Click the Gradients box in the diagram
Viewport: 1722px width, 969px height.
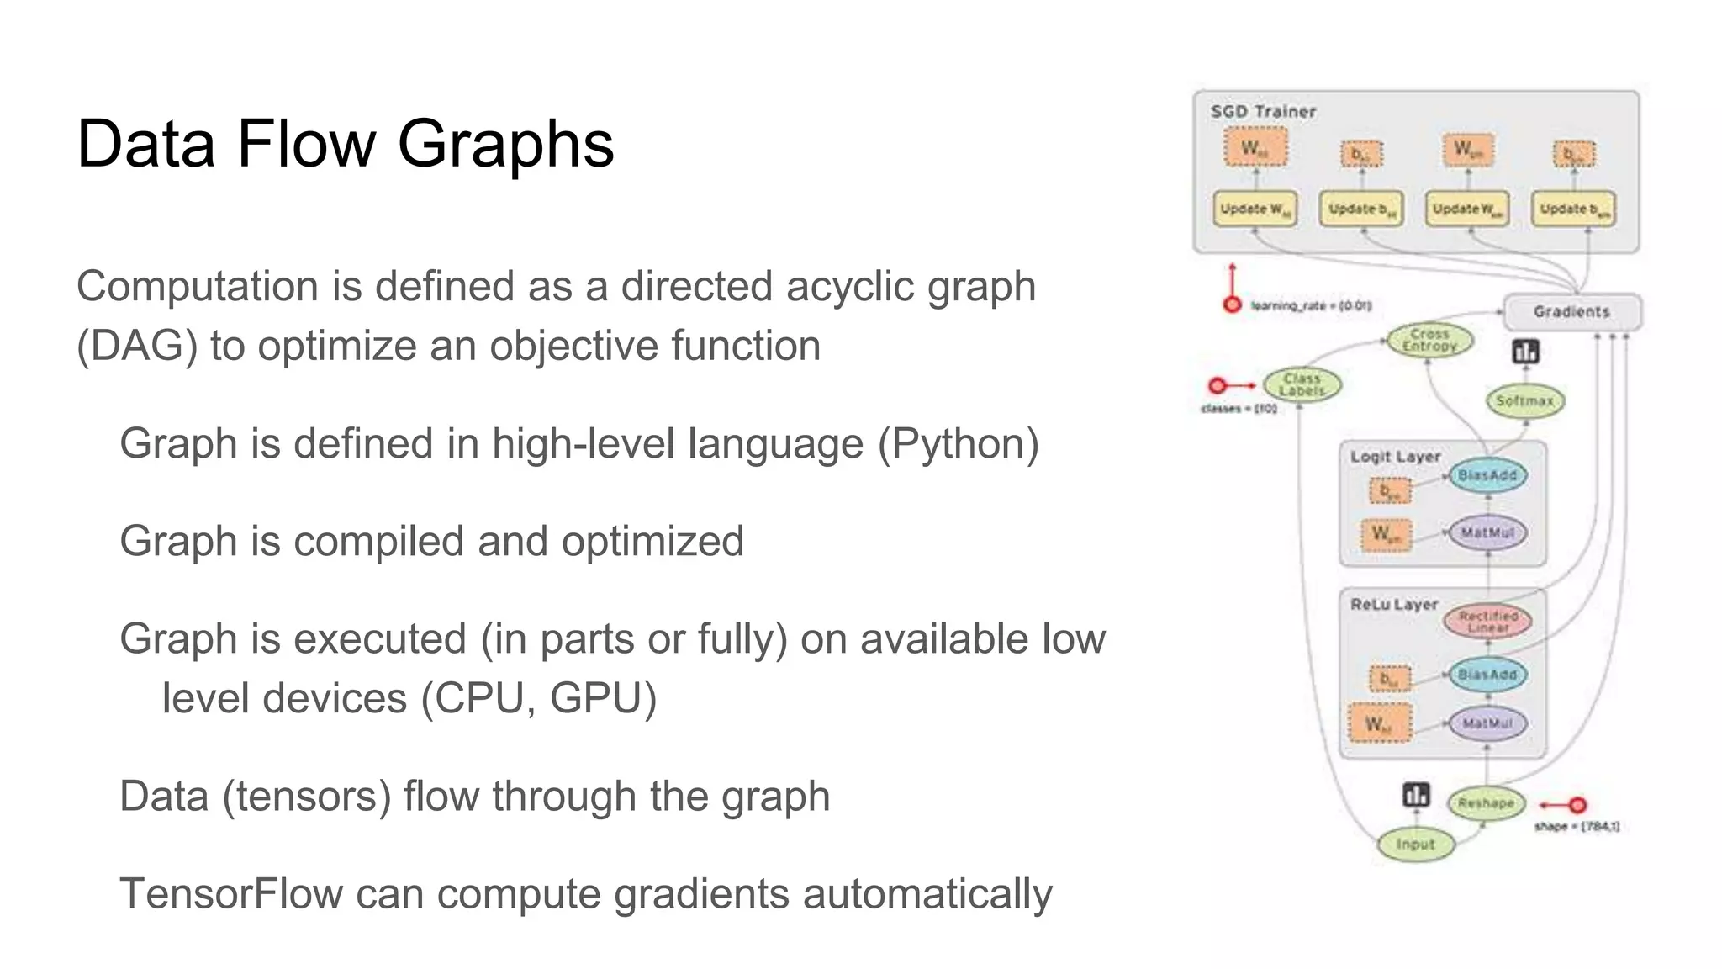coord(1571,312)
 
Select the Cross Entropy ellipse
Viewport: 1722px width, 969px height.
coord(1429,340)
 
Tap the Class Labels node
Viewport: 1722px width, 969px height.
coord(1302,384)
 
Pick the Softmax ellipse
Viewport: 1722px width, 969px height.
coord(1524,401)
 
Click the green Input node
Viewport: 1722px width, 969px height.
coord(1415,844)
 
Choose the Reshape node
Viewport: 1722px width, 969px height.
coord(1486,803)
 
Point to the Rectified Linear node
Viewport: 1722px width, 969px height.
coord(1487,622)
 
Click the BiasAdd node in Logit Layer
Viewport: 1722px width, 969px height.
coord(1487,476)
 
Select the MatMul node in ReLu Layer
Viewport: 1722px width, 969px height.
coord(1487,723)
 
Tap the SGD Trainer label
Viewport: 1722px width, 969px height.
coord(1263,111)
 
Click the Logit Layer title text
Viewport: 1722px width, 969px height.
coord(1395,457)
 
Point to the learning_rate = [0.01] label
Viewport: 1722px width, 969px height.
coord(1311,306)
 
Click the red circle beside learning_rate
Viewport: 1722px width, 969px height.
coord(1232,304)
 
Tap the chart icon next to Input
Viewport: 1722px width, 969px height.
coord(1416,795)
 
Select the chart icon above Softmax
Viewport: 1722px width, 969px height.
coord(1525,351)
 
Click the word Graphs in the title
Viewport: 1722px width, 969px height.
coord(505,145)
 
